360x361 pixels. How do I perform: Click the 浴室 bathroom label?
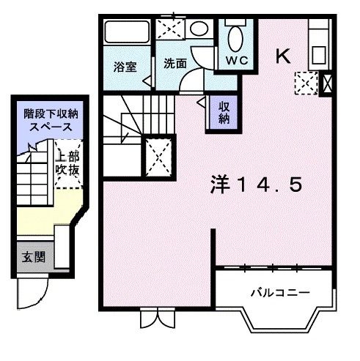(x=125, y=66)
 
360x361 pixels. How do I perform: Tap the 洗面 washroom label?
(x=175, y=63)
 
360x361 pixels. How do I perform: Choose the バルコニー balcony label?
(x=279, y=292)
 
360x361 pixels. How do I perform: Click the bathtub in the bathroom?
(x=126, y=33)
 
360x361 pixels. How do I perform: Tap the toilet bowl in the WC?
(x=236, y=36)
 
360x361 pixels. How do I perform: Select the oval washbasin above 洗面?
(x=198, y=29)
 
